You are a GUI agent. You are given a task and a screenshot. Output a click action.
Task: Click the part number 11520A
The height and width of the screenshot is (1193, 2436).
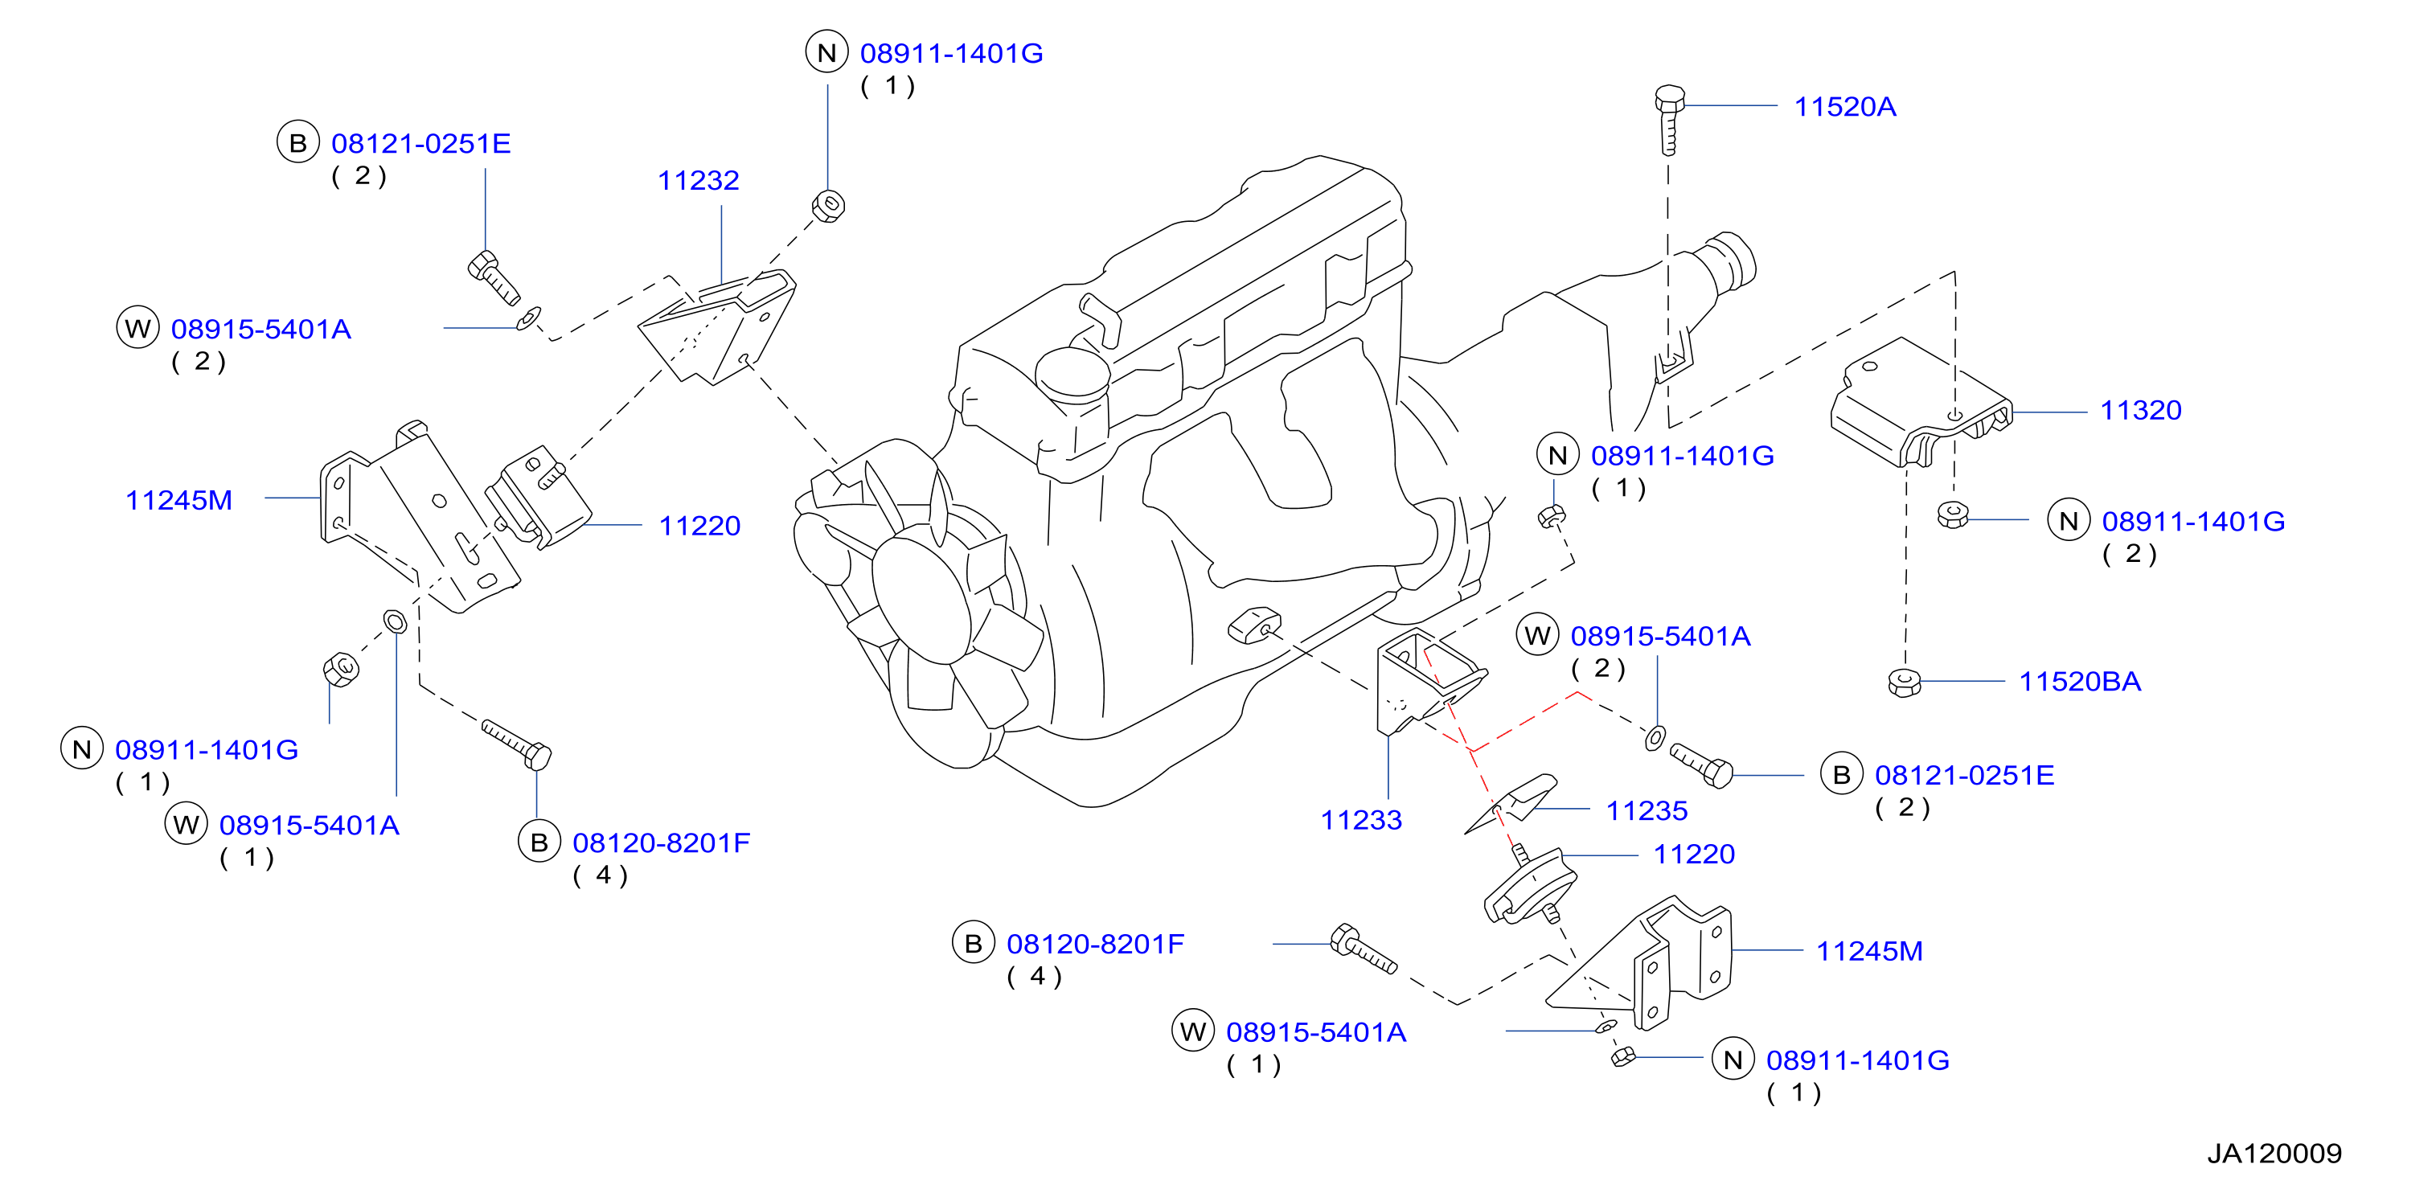click(1844, 107)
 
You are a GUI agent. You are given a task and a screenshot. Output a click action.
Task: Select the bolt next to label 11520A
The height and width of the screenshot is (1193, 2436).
click(1669, 119)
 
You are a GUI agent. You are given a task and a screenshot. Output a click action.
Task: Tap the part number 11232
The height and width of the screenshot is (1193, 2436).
click(698, 181)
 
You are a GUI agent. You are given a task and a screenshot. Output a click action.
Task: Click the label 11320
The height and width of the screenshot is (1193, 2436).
click(2140, 410)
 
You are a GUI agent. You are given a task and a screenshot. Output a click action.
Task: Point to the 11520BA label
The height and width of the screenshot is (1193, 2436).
click(2080, 682)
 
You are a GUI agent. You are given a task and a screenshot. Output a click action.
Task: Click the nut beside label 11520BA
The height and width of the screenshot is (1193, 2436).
click(1904, 683)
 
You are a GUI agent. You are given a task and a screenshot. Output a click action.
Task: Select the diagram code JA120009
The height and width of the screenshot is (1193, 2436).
click(2274, 1154)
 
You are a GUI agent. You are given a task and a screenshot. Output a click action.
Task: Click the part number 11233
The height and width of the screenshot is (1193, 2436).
click(1361, 820)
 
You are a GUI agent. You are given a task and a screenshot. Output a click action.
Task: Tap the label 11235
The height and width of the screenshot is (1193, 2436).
click(1647, 810)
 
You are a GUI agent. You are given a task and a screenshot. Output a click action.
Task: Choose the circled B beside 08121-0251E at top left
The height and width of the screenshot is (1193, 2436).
click(298, 143)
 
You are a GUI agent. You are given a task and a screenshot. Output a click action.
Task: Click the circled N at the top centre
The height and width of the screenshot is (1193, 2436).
click(826, 52)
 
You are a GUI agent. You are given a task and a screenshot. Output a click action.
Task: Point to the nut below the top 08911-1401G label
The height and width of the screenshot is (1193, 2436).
click(828, 206)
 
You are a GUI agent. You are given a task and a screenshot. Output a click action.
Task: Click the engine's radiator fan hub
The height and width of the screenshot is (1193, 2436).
click(920, 593)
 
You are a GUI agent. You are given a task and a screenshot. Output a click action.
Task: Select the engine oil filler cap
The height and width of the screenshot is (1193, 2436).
click(1072, 373)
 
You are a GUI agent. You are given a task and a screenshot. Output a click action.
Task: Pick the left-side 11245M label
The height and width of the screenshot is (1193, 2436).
click(178, 500)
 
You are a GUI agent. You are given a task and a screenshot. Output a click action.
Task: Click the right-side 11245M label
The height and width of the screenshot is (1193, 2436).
click(1869, 951)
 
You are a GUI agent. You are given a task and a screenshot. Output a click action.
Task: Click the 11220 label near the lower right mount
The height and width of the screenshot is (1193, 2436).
click(1694, 855)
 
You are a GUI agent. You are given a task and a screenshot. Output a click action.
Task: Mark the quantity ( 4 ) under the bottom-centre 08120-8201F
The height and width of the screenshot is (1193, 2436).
click(1035, 977)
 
